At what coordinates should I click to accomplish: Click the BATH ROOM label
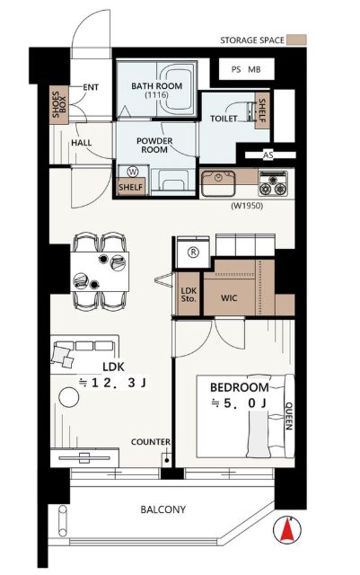(156, 86)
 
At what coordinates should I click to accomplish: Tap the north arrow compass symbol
(287, 529)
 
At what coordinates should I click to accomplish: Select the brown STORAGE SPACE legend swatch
(296, 40)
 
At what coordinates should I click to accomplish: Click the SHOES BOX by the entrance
(59, 104)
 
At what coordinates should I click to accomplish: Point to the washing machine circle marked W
(131, 172)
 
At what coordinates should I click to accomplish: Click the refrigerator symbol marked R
(193, 252)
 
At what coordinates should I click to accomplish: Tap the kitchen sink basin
(218, 183)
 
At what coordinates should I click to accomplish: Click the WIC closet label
(229, 297)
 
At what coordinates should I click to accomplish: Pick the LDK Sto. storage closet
(189, 294)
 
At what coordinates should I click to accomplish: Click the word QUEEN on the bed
(288, 416)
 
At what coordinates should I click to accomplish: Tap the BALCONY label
(162, 509)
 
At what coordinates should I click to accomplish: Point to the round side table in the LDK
(69, 397)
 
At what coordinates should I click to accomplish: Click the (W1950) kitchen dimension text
(247, 206)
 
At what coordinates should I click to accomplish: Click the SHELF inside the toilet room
(262, 111)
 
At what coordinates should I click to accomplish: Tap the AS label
(268, 155)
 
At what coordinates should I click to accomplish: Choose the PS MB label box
(246, 69)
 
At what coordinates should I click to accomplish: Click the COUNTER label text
(151, 442)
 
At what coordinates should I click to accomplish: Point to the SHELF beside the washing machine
(131, 187)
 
